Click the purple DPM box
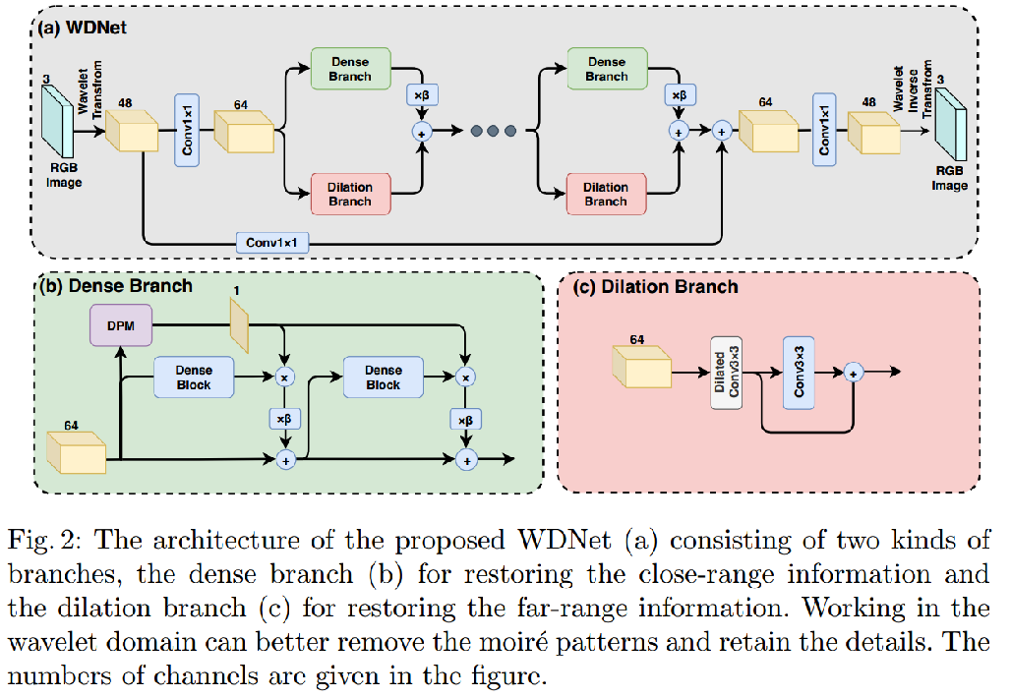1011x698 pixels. point(119,323)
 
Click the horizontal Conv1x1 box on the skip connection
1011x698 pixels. point(271,241)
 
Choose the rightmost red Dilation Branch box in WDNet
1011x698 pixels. point(605,193)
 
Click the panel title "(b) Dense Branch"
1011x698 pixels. point(115,286)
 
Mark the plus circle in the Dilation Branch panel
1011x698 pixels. point(853,372)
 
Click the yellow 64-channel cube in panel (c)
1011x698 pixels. point(640,370)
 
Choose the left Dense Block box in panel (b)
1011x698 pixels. point(194,377)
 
